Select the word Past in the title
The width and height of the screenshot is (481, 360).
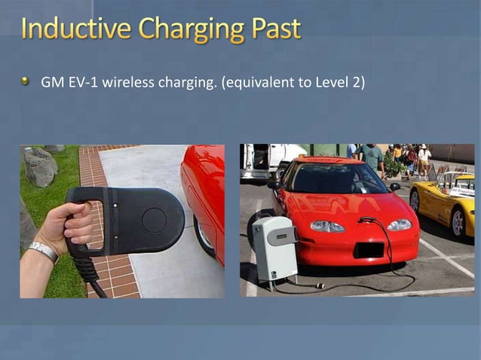tap(274, 29)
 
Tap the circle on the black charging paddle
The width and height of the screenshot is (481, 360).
tap(155, 219)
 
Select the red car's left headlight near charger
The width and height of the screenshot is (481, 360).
tap(326, 226)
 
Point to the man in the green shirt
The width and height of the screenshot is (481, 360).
tap(372, 157)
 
